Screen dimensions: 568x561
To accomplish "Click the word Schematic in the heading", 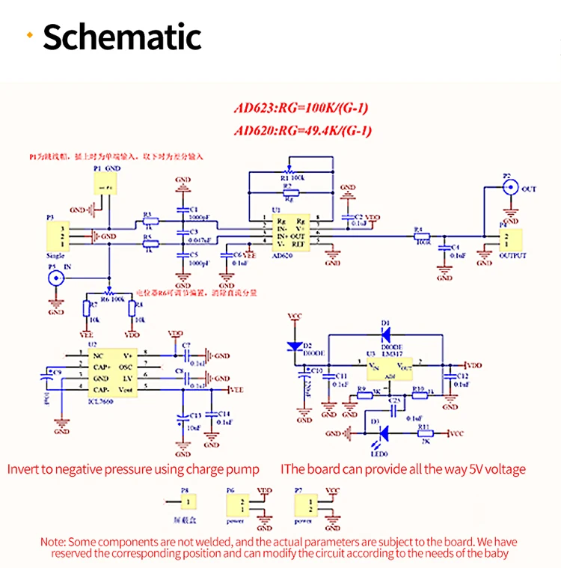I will [122, 37].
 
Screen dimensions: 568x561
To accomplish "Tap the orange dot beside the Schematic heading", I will [29, 35].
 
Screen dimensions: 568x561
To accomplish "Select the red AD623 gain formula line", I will [301, 108].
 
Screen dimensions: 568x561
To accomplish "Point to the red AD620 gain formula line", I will [302, 131].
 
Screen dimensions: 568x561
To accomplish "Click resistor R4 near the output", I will [423, 237].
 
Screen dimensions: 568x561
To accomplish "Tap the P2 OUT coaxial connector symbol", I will [510, 189].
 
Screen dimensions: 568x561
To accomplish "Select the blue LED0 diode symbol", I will [383, 433].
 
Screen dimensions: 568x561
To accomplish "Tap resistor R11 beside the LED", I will [425, 433].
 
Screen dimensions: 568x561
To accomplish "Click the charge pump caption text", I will [133, 469].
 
